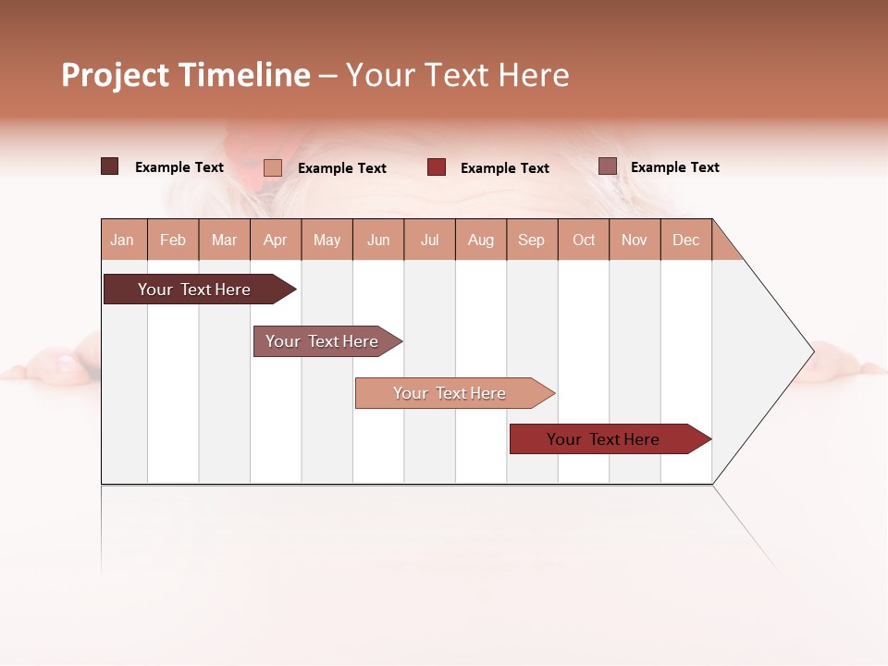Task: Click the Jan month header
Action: click(123, 240)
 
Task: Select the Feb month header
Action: click(173, 240)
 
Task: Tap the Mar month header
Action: click(224, 240)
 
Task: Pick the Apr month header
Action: click(276, 240)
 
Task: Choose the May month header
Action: click(327, 240)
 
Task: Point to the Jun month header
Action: click(378, 240)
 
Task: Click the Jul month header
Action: click(429, 240)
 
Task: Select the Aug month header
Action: click(481, 240)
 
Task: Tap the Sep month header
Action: click(532, 240)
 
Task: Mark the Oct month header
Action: click(584, 240)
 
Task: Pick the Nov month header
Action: click(635, 240)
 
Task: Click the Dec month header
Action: click(686, 240)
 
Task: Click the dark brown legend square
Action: click(110, 166)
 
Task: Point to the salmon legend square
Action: click(273, 167)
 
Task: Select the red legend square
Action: click(437, 166)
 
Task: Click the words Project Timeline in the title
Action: click(186, 75)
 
